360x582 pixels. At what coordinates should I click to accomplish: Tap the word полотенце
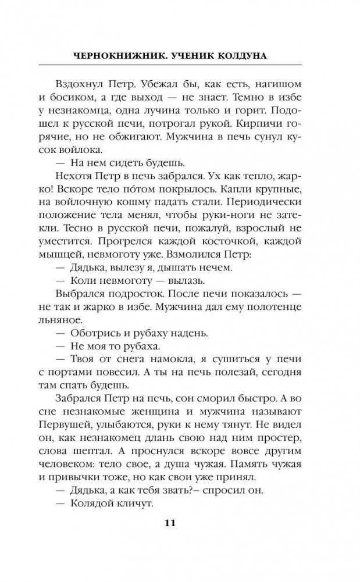point(282,324)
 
